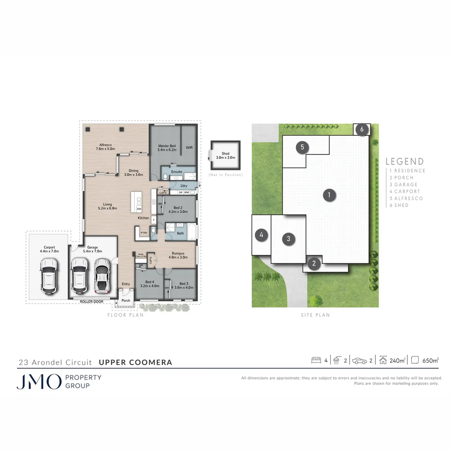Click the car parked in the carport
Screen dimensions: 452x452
49,276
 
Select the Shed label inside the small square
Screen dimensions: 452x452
226,154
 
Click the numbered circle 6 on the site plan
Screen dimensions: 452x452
362,129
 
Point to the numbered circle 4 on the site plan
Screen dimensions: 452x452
261,235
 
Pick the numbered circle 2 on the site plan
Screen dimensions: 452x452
314,263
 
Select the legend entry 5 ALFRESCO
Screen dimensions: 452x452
406,198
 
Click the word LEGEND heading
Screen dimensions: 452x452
404,162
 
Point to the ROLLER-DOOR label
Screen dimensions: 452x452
92,300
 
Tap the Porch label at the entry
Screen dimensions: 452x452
126,300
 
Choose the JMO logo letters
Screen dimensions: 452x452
39,382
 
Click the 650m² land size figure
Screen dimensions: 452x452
430,360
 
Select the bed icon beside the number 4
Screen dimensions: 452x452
316,360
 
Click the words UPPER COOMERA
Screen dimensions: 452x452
135,362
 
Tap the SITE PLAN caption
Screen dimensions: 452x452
315,315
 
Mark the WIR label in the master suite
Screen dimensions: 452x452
189,147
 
